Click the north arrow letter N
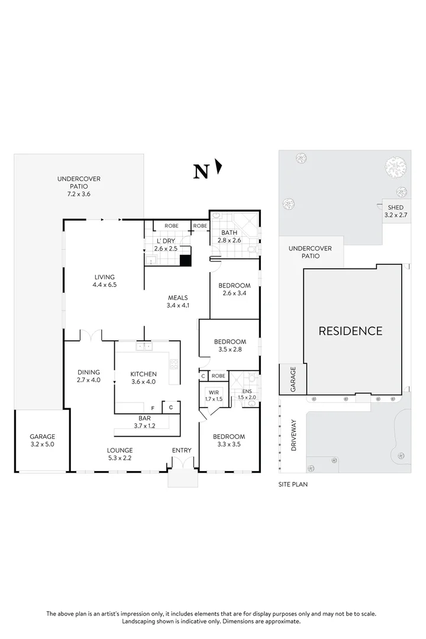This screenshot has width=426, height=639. [201, 172]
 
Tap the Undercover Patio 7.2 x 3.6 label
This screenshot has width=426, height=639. [79, 186]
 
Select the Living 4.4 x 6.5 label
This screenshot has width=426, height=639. [104, 280]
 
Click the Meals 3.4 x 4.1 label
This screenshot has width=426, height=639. [177, 302]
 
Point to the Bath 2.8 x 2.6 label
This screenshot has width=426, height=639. [230, 237]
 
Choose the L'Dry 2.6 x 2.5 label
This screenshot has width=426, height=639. [165, 245]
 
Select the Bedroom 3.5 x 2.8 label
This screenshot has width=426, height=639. [230, 346]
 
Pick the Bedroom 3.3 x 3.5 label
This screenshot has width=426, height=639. [230, 441]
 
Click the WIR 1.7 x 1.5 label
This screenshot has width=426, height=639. [213, 396]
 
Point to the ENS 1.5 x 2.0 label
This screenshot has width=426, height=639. [247, 394]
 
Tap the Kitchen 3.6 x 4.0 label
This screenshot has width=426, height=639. [143, 377]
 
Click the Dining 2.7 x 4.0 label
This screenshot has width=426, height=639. [89, 376]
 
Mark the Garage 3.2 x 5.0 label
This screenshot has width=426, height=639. [42, 441]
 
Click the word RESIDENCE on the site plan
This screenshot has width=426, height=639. [350, 331]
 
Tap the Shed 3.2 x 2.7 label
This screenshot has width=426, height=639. [395, 211]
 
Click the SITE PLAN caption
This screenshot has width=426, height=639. [293, 484]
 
